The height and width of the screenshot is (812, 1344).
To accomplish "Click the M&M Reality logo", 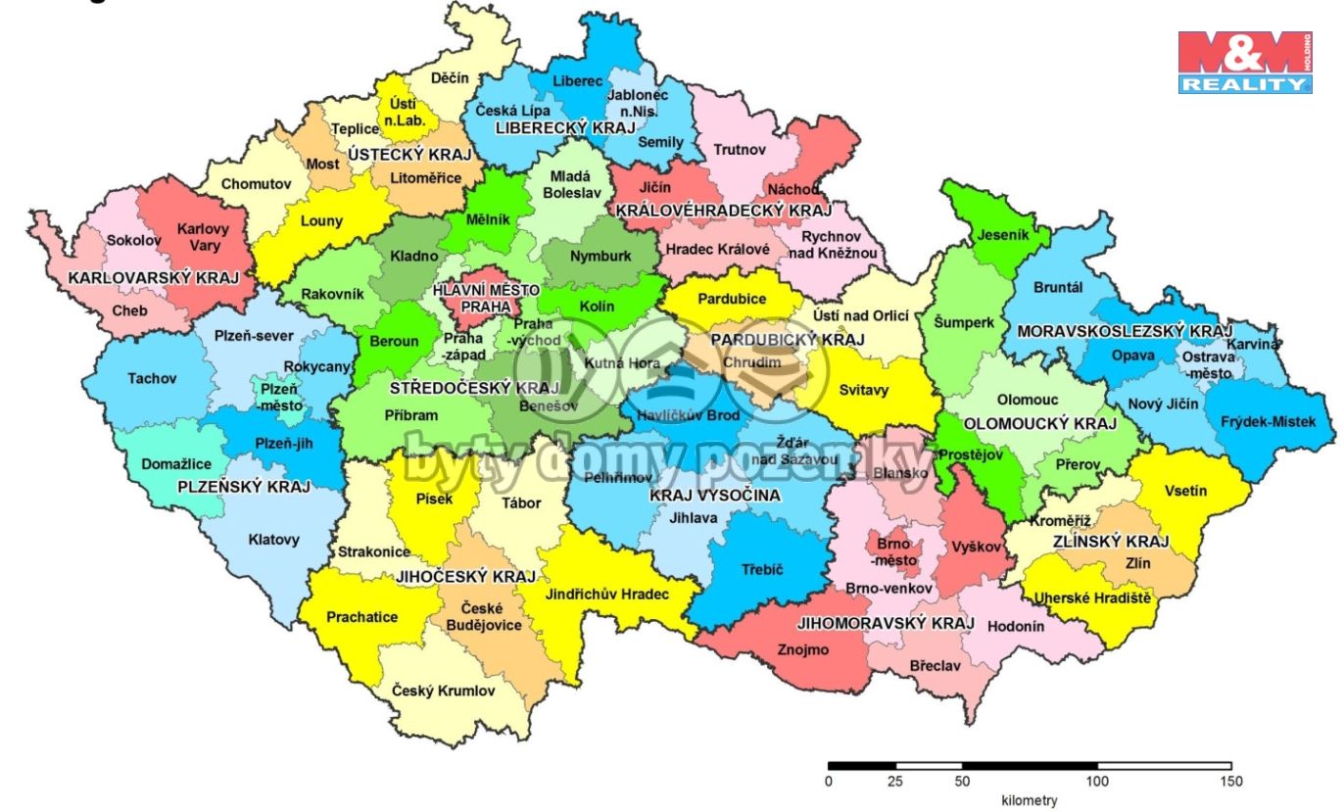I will point(1244,62).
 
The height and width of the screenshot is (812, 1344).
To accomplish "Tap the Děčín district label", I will point(451,78).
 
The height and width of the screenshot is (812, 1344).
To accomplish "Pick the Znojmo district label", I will point(803,649).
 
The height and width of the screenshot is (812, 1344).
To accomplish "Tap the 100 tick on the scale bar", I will point(1097,782).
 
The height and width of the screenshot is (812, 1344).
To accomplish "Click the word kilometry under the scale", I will point(1029,800).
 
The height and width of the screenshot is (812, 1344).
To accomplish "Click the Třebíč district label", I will point(768,569).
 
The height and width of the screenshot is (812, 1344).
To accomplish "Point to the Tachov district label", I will point(152,378).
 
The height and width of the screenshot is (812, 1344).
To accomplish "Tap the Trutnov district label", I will point(740,150).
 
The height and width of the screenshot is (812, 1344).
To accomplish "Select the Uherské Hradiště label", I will point(1093,597).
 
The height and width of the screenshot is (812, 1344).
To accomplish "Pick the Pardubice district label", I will point(732,300).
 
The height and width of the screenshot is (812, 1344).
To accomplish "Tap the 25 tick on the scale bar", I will point(895,782).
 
